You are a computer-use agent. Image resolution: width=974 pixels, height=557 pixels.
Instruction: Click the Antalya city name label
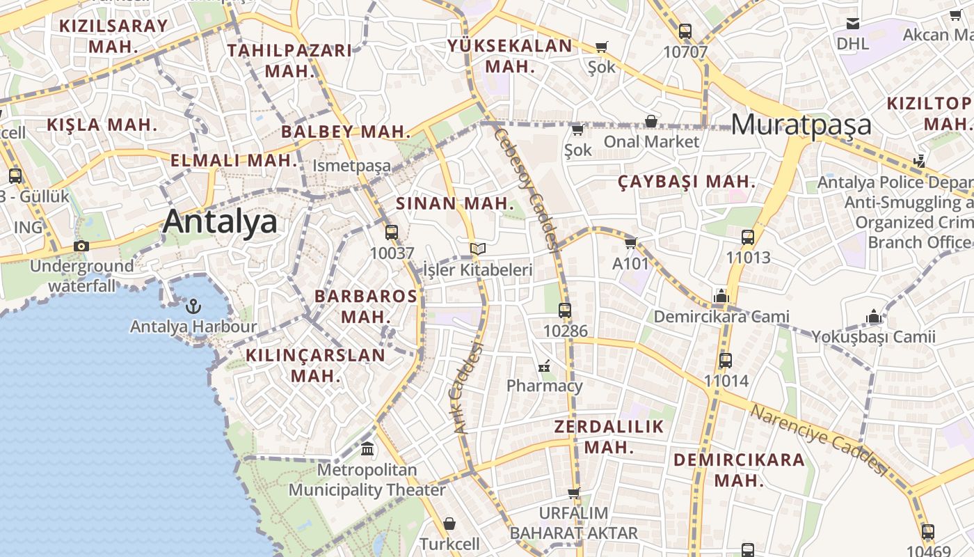tap(220, 222)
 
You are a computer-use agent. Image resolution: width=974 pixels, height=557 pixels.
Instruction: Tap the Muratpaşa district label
tap(801, 125)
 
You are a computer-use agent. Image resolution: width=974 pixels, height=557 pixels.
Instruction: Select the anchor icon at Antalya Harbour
tap(193, 306)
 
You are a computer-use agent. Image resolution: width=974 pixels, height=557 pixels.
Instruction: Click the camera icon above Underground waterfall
tap(81, 246)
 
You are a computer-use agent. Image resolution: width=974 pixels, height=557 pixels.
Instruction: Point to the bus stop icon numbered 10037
tap(392, 233)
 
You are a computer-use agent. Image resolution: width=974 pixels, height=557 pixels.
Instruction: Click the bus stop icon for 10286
tap(565, 311)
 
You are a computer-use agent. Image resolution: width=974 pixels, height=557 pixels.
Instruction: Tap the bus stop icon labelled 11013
tap(748, 237)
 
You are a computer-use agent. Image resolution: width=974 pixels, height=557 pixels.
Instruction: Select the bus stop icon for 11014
tap(726, 361)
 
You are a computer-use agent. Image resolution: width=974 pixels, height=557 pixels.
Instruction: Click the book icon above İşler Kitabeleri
tap(477, 249)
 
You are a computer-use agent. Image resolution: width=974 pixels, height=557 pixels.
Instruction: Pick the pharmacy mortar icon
tap(544, 365)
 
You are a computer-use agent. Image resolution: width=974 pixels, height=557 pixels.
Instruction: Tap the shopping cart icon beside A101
tap(630, 243)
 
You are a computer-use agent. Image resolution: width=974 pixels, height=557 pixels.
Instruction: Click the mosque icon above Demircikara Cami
tap(721, 297)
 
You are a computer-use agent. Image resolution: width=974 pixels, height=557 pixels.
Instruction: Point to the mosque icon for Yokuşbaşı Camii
tap(874, 317)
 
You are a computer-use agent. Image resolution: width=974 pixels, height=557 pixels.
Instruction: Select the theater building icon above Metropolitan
tap(367, 449)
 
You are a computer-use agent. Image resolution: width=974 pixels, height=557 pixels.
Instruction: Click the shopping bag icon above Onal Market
tap(651, 121)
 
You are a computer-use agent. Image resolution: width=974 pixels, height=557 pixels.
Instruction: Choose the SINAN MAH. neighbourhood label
tap(455, 204)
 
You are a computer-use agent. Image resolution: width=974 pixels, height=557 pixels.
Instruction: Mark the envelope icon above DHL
tap(853, 24)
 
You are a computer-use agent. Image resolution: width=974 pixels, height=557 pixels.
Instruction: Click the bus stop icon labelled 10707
tap(685, 31)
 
